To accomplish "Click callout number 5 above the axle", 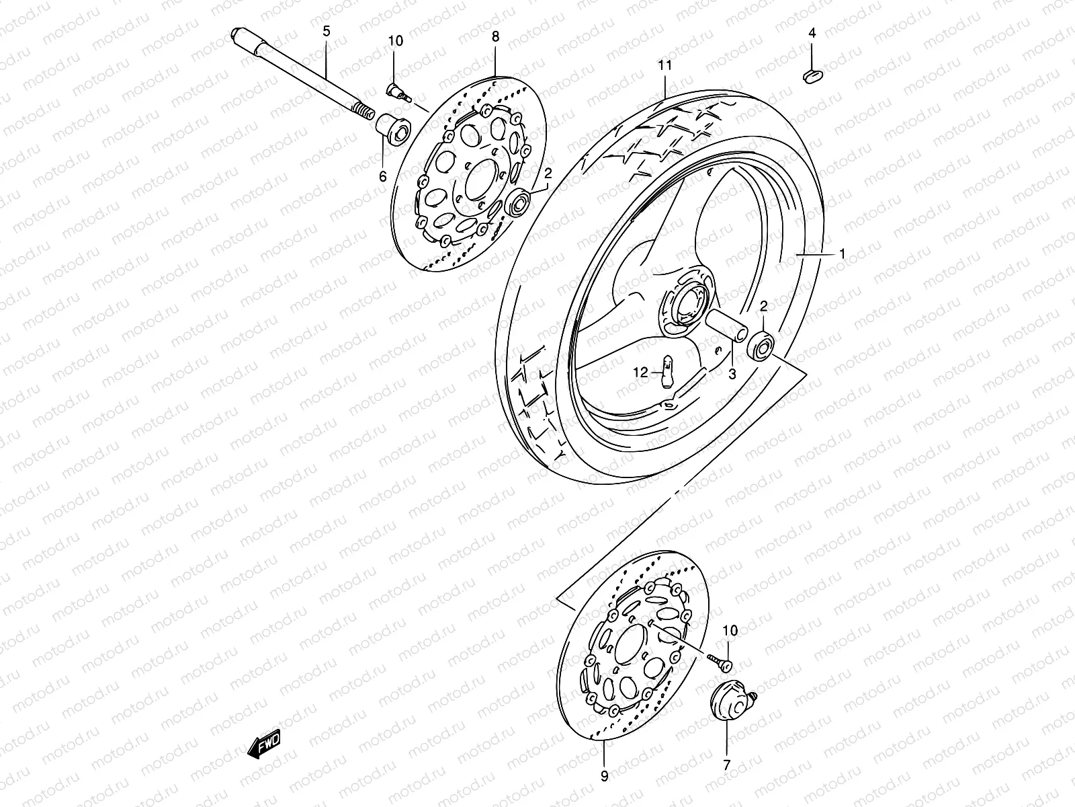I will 327,30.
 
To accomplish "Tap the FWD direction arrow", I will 267,744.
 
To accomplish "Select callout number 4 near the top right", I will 812,32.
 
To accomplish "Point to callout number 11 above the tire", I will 664,65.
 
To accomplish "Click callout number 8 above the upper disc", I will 495,36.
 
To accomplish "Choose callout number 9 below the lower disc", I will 604,776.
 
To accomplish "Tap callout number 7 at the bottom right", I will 726,765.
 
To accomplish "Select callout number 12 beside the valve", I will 640,371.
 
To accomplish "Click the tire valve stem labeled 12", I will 667,371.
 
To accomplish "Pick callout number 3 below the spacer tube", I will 732,374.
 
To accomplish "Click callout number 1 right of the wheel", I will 841,254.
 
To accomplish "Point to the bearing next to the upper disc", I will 520,202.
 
